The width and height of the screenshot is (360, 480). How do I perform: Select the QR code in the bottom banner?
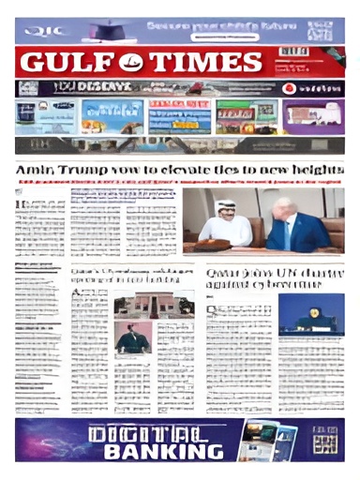pyautogui.click(x=325, y=440)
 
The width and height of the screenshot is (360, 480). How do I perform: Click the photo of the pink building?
pyautogui.click(x=153, y=304)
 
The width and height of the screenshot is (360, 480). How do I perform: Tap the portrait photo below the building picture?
pyautogui.click(x=133, y=337)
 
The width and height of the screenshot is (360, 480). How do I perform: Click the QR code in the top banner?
pyautogui.click(x=324, y=30)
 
